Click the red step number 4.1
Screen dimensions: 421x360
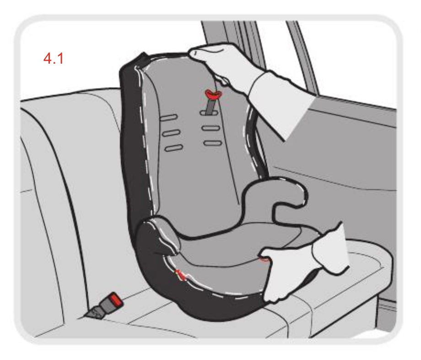(54, 58)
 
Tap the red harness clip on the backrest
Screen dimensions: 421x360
(213, 94)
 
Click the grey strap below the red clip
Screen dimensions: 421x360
(210, 107)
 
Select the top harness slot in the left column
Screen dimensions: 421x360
(168, 118)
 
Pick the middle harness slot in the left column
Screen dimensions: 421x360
(171, 133)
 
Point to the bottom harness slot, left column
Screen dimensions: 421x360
(174, 148)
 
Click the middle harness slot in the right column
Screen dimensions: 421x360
(211, 128)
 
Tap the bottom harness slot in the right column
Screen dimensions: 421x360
(213, 143)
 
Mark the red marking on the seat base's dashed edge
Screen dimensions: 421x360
(180, 275)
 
